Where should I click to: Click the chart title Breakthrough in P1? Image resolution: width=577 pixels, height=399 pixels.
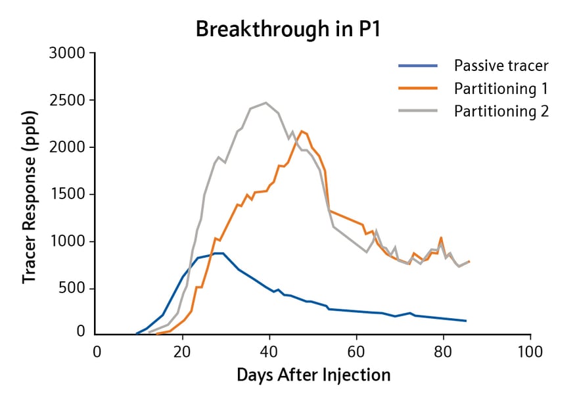pyautogui.click(x=288, y=30)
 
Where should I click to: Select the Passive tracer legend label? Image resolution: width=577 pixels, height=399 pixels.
pyautogui.click(x=501, y=66)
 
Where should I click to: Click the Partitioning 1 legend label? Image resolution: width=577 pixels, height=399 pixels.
pyautogui.click(x=501, y=89)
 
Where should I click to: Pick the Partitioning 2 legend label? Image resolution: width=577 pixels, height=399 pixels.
pyautogui.click(x=501, y=111)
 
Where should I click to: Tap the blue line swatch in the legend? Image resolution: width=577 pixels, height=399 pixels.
pyautogui.click(x=417, y=66)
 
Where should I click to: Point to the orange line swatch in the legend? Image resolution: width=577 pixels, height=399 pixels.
pyautogui.click(x=417, y=89)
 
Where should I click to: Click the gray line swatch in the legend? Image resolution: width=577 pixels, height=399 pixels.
pyautogui.click(x=417, y=111)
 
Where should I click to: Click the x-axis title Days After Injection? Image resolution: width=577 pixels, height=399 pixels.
pyautogui.click(x=313, y=375)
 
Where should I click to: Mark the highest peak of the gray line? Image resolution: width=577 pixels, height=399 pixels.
pyautogui.click(x=265, y=103)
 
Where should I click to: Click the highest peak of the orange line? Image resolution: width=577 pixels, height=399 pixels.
pyautogui.click(x=301, y=131)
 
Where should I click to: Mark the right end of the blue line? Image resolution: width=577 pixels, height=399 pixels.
pyautogui.click(x=466, y=321)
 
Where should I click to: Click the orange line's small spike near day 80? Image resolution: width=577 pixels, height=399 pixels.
pyautogui.click(x=441, y=237)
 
